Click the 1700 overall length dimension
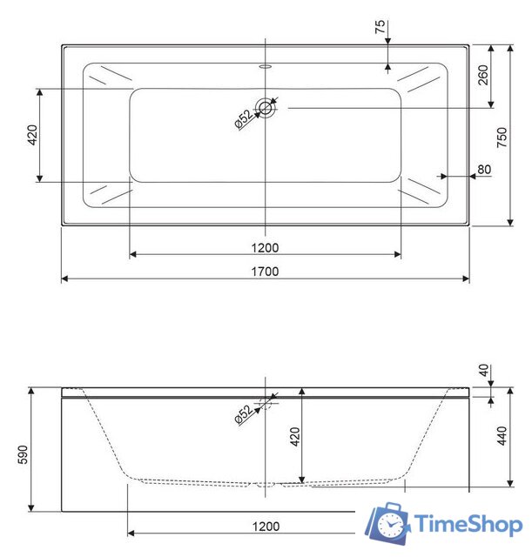(x=265, y=272)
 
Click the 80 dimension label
(x=484, y=170)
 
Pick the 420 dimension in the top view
(x=32, y=136)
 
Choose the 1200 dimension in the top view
(x=265, y=247)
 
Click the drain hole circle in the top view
(x=265, y=108)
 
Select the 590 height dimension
(x=23, y=455)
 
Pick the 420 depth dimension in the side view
(x=293, y=436)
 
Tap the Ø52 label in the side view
(x=243, y=414)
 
